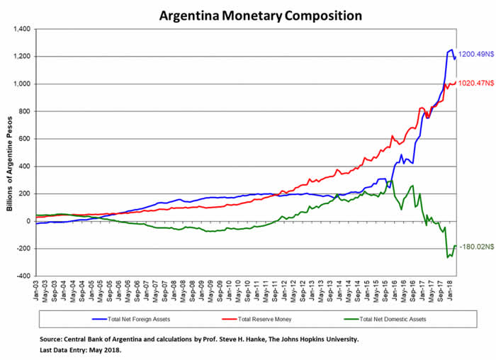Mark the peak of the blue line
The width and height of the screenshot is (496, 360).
click(x=451, y=50)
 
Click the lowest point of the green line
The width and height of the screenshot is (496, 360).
click(x=448, y=258)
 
